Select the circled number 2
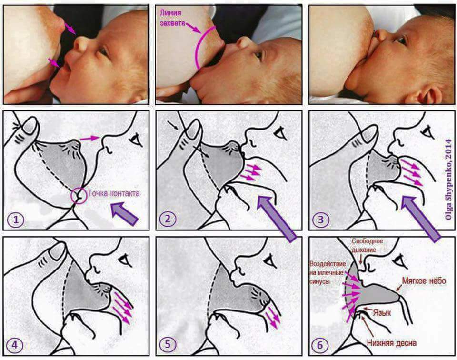pos(168,219)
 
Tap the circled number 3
pos(320,219)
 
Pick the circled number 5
pos(167,345)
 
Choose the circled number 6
pos(320,345)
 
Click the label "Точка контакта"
pos(114,193)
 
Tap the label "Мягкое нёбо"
pos(424,280)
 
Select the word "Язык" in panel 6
pos(382,313)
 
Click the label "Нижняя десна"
pos(391,343)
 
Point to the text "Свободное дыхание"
pos(367,245)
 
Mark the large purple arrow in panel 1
pos(124,214)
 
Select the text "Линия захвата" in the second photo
pos(171,18)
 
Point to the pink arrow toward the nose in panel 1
pos(90,139)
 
